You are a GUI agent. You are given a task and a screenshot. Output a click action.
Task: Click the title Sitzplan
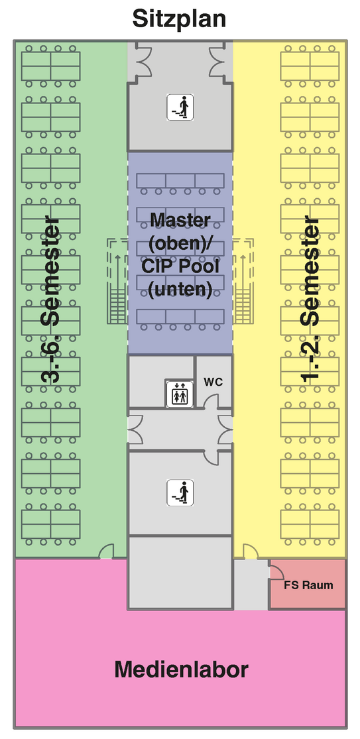pos(179,20)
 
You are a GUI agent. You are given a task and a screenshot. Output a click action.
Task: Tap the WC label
pos(213,382)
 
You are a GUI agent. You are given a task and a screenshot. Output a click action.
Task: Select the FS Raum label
pos(308,585)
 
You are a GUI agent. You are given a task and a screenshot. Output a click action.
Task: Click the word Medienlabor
pos(182,669)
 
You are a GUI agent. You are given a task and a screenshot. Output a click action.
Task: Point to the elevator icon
pos(179,392)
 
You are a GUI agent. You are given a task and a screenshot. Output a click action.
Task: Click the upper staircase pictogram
pos(180,107)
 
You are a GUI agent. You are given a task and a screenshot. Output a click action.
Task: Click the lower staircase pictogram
pos(180,493)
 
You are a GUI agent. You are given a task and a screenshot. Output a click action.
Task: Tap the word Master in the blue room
pos(180,219)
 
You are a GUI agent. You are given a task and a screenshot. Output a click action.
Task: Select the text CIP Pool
pos(180,266)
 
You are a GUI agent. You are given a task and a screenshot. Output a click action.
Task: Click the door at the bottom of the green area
pos(107,551)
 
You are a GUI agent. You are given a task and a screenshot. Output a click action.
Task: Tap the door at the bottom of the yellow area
pos(250,551)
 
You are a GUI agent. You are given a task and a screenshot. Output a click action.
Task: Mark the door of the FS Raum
pos(276,569)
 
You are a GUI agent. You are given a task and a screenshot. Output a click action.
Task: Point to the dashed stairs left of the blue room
pos(117,281)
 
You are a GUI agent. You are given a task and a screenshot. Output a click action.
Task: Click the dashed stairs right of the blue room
pos(243,281)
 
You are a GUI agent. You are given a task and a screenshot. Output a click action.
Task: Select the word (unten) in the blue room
pos(180,290)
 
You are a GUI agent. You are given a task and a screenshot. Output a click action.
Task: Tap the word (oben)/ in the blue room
pos(181,244)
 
